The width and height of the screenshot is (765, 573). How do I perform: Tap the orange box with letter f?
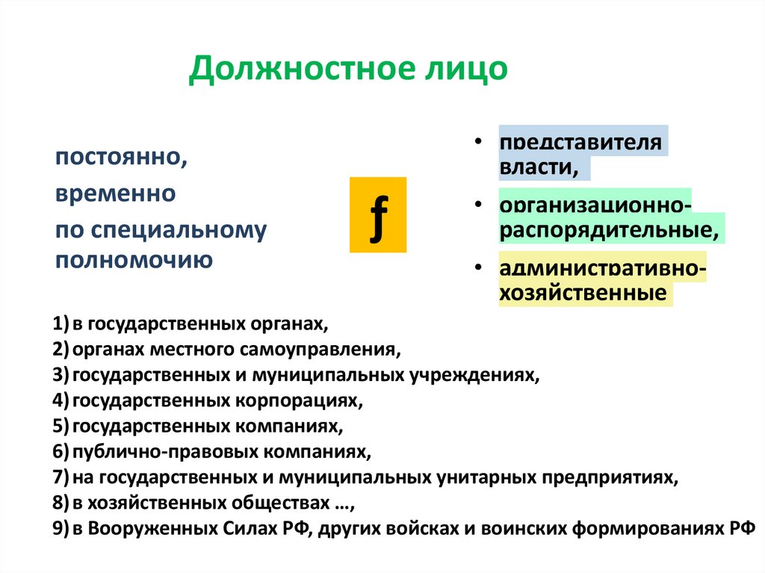tap(378, 215)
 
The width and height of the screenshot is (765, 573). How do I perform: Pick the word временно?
tap(114, 194)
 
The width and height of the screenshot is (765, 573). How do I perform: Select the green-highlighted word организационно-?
tap(595, 204)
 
